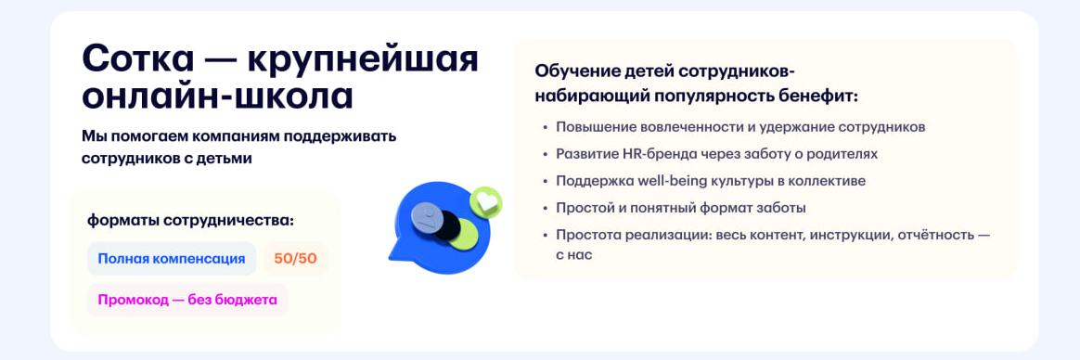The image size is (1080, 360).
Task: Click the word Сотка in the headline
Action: pos(137,59)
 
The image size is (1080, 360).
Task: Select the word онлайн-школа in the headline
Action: pos(217,96)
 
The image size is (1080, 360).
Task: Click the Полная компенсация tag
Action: pos(172,259)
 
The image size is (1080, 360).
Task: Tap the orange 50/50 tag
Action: pos(295,259)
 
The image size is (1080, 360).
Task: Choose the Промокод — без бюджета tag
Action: pos(187,300)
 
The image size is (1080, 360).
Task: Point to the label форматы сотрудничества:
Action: pos(190,220)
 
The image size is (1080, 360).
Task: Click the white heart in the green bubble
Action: pos(485,199)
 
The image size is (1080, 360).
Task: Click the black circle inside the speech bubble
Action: pos(446,225)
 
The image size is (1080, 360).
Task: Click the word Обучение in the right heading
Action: pos(576,71)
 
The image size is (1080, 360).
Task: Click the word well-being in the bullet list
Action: pos(668,181)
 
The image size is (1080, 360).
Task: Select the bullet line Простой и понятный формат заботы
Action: pos(680,208)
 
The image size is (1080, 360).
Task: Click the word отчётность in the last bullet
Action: pos(931,235)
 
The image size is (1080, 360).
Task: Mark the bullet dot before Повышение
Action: pos(545,128)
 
